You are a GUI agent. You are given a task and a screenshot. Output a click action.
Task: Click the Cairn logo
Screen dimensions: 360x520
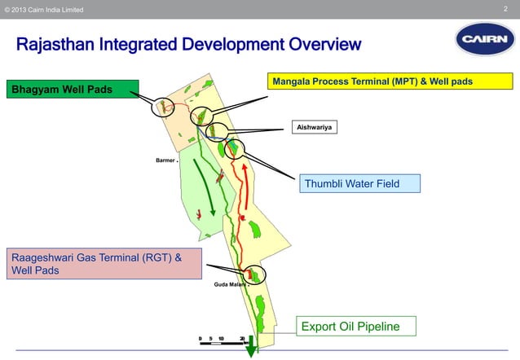point(485,39)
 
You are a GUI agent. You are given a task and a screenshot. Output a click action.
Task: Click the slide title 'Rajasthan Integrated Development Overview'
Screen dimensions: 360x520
point(188,43)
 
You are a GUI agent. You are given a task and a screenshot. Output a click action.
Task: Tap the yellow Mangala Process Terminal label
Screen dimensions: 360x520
point(390,81)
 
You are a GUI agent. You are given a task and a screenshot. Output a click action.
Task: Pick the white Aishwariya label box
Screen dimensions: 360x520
point(315,127)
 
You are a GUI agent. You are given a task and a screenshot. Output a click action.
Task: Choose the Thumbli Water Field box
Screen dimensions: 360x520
point(359,183)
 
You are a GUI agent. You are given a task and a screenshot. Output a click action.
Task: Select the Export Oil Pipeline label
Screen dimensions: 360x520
point(356,327)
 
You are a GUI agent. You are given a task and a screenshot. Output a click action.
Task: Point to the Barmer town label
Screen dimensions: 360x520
point(165,160)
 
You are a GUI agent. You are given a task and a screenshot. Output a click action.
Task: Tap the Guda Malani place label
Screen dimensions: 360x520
point(231,285)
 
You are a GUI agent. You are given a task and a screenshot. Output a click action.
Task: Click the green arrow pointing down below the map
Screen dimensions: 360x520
point(251,346)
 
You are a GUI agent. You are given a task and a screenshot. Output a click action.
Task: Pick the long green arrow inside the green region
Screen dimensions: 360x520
point(206,183)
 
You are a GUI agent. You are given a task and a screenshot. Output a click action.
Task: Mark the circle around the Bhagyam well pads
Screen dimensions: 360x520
point(163,106)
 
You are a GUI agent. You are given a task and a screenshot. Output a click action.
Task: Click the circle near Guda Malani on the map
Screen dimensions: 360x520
point(255,275)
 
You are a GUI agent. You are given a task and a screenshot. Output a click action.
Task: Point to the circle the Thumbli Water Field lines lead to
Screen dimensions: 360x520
point(236,147)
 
